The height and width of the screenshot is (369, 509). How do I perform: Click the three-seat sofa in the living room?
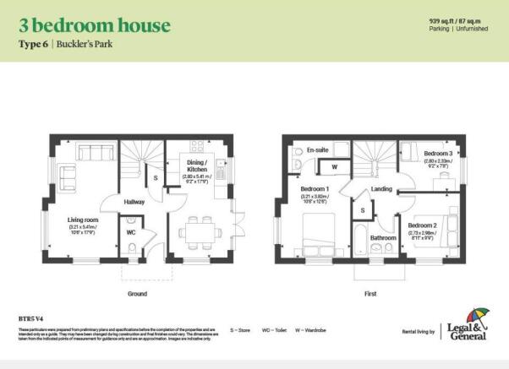90,153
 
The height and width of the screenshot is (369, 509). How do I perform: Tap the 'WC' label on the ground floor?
131,231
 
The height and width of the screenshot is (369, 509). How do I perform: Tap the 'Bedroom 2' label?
422,225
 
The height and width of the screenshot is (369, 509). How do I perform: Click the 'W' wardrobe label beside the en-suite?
335,167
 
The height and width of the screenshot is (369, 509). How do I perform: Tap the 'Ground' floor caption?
137,293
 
